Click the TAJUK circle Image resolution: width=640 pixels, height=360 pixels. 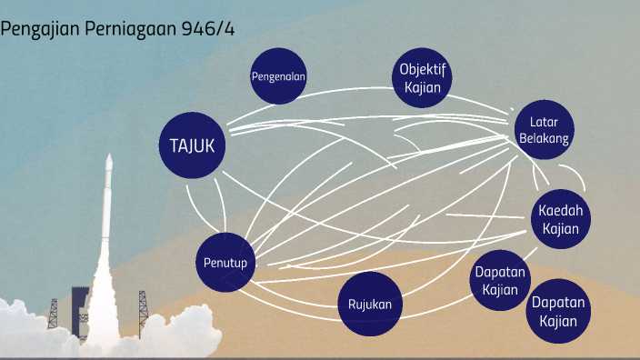pos(192,145)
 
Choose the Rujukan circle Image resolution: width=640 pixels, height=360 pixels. pos(369,304)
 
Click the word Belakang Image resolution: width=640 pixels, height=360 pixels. pos(544,138)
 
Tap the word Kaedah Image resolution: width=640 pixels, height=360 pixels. pos(560,211)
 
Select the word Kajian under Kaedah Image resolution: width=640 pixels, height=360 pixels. pos(560,228)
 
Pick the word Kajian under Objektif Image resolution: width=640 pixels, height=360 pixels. pos(422,87)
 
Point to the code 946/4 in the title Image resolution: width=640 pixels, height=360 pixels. pos(209,28)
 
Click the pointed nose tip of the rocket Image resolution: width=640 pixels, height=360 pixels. pos(109,157)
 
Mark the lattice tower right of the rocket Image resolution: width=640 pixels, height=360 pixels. pos(142,309)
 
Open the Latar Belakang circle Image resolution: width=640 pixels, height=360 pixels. pos(544,130)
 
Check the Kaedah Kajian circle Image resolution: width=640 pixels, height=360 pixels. pos(560,219)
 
